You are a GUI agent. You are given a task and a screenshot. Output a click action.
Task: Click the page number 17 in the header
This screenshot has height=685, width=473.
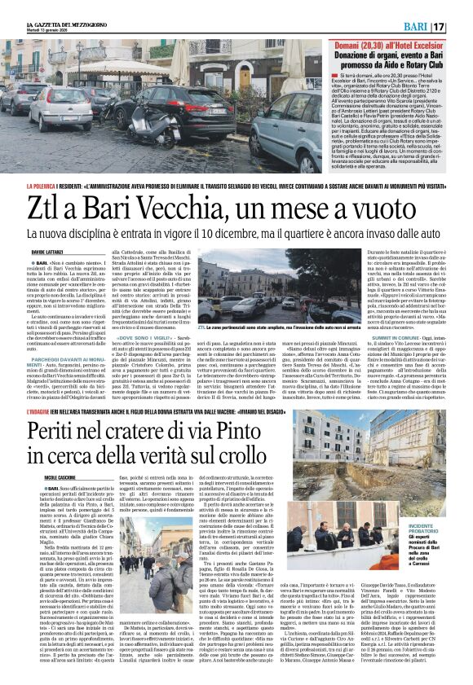click(460, 27)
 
